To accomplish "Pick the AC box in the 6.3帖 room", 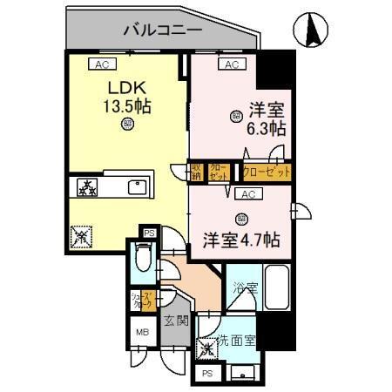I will [x=232, y=64].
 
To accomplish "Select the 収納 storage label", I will [x=198, y=171].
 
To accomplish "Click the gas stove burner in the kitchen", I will [x=87, y=187].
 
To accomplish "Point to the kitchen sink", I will [x=139, y=187].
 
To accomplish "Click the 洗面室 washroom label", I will [x=237, y=341].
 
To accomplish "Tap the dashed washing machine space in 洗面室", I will [x=209, y=348].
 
